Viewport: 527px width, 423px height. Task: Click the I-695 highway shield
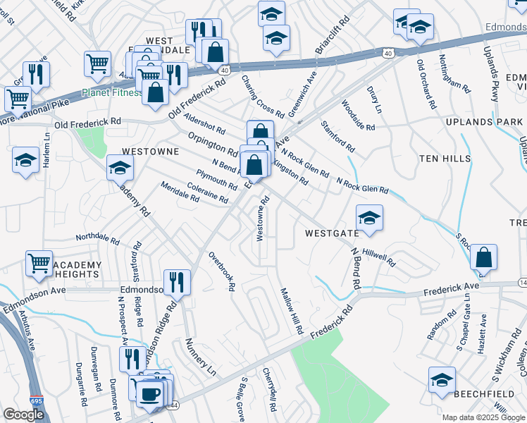35,400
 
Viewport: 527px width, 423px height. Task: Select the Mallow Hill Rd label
292,311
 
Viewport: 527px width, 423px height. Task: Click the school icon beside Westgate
368,219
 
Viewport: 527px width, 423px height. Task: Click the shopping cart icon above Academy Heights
39,264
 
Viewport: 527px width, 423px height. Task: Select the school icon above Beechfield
442,379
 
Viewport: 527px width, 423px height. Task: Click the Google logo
24,415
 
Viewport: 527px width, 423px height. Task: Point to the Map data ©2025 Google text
483,417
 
